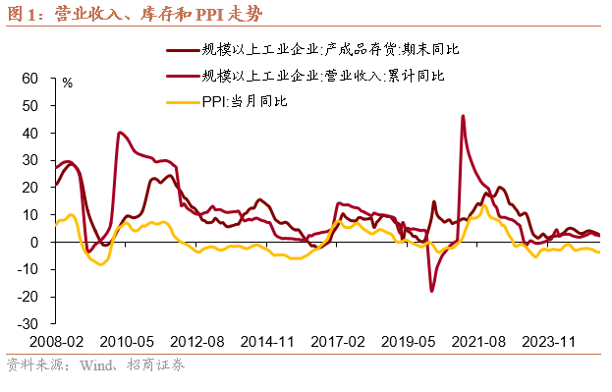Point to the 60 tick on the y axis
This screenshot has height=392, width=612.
(28, 78)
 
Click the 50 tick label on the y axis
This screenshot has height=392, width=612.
(28, 105)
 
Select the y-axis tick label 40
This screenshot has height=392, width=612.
(28, 133)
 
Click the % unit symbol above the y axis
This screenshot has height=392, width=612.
(67, 84)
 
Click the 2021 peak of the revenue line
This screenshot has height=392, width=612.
(463, 116)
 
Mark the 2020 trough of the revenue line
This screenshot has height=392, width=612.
(431, 290)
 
